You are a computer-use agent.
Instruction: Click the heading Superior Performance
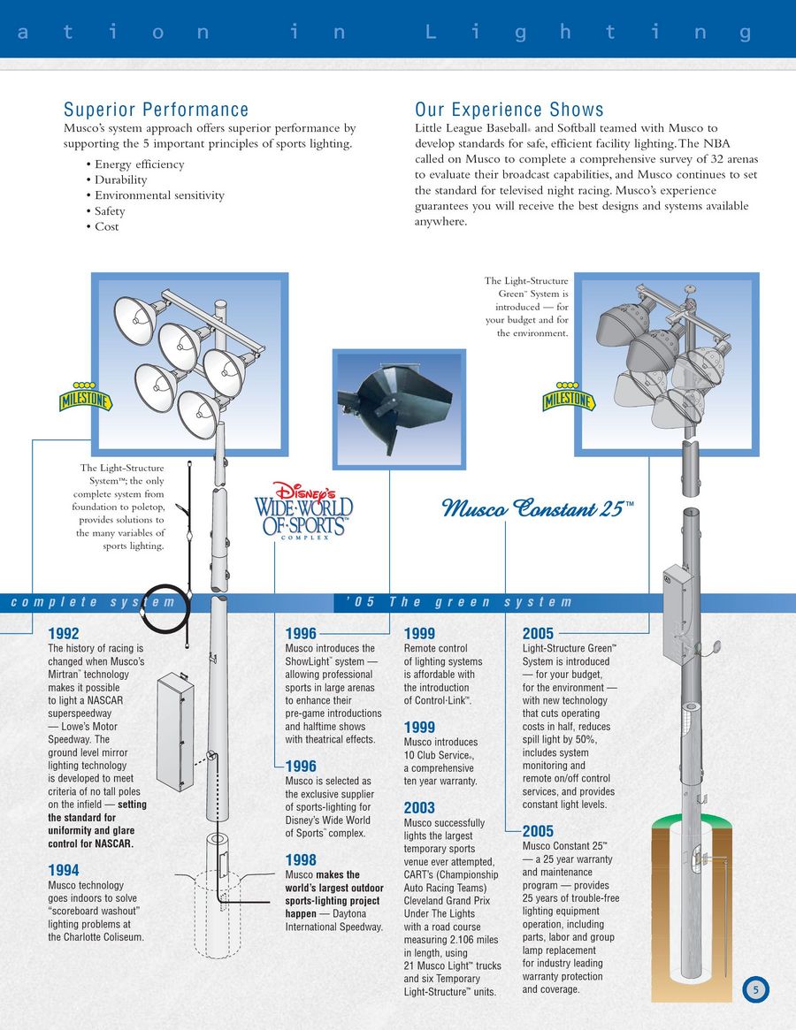click(156, 111)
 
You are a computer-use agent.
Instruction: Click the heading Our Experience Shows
click(509, 111)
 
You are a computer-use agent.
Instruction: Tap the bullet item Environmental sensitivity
click(159, 195)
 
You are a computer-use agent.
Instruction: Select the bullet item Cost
click(106, 226)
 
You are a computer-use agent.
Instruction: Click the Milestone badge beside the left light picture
click(86, 399)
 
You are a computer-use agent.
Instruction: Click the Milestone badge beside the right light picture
click(569, 398)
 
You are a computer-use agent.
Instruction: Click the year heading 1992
click(64, 634)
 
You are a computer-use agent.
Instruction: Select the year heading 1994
click(64, 871)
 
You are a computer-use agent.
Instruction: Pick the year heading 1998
click(301, 860)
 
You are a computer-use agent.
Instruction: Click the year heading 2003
click(419, 808)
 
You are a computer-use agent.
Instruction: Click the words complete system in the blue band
click(93, 603)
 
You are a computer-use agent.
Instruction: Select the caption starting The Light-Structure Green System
click(526, 307)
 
